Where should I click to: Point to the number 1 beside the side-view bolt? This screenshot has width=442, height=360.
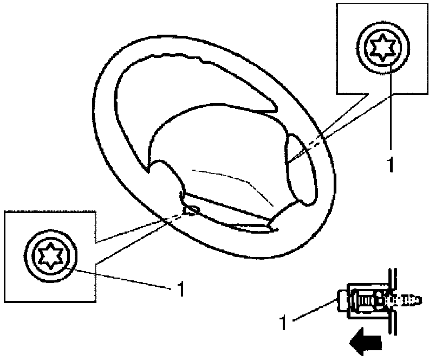[x=283, y=323]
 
